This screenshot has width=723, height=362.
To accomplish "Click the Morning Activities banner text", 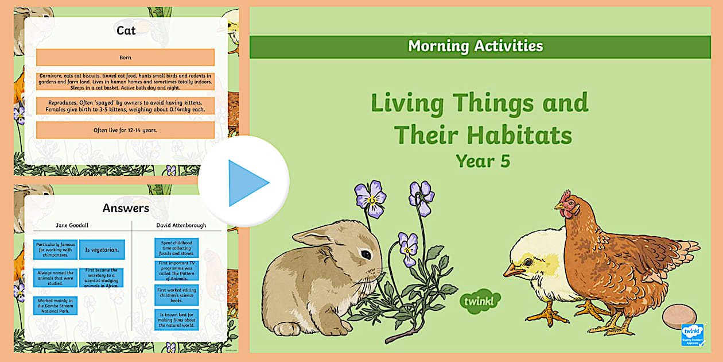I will coord(475,47).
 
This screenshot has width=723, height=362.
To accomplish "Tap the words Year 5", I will coord(483,161).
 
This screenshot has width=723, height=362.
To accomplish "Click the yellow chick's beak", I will coord(511,270).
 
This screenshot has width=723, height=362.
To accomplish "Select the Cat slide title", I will coord(126,31).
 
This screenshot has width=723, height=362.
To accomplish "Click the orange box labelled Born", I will coord(125,57).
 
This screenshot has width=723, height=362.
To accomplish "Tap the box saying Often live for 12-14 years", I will coord(125,130).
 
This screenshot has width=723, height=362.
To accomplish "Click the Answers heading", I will coord(126,208).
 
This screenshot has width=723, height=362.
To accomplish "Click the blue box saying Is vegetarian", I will coord(102,249).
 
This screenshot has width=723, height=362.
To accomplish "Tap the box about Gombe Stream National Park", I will coord(55,305).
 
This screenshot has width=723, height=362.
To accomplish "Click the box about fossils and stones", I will coord(177,248).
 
